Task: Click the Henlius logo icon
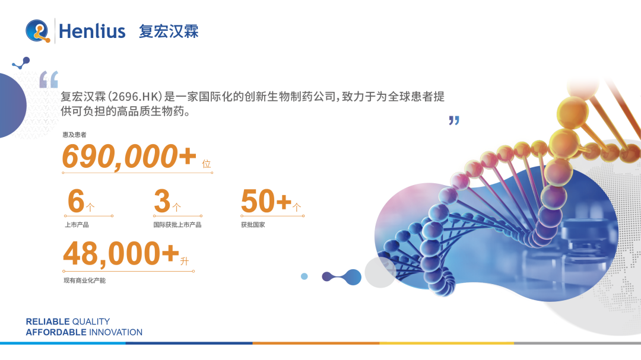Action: (39, 31)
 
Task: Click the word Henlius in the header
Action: (92, 31)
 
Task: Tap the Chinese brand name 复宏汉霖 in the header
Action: (169, 31)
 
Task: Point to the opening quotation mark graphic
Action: (49, 79)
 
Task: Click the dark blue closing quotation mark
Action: (454, 120)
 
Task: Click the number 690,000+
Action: (129, 157)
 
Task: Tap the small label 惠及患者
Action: (74, 135)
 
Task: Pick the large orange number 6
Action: (76, 201)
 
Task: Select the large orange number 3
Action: (161, 201)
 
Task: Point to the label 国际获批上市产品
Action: (177, 225)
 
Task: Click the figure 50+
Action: (266, 201)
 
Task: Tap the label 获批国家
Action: (253, 225)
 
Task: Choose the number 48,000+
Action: (120, 254)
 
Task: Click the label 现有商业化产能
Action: (84, 280)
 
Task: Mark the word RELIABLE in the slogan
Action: (47, 321)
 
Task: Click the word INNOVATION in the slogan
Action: (116, 332)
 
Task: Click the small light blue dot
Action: (304, 276)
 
